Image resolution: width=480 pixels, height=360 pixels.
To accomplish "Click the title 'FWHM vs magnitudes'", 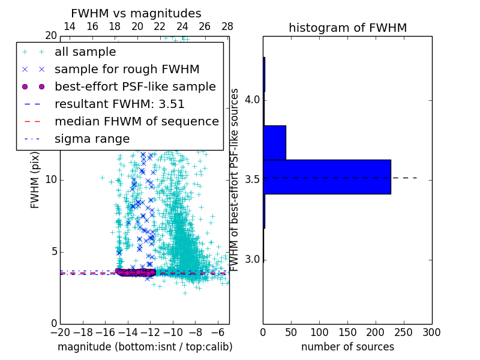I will (136, 13).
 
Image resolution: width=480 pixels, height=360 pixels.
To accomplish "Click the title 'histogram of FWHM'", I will (347, 28).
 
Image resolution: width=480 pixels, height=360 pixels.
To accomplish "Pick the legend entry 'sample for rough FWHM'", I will (127, 70).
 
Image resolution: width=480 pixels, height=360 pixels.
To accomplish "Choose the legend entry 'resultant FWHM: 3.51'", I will (119, 104).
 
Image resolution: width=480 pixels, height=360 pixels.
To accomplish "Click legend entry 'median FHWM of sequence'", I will (137, 122).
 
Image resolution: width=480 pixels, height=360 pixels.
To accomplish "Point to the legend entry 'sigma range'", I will (92, 139).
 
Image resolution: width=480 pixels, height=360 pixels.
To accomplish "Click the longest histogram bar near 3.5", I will (327, 177).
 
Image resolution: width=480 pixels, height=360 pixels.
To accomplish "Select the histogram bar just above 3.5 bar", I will (274, 143).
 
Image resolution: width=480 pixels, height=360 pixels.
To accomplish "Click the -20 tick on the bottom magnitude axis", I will (60, 332).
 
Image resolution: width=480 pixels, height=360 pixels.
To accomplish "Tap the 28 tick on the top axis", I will (227, 26).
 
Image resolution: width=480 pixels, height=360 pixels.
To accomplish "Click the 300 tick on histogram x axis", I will (431, 332).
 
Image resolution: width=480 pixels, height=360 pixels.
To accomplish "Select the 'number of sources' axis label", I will (347, 347).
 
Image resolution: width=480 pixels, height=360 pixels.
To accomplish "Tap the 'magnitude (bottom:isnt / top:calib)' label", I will (145, 347).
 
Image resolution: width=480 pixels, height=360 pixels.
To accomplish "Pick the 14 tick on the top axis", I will (70, 26).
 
